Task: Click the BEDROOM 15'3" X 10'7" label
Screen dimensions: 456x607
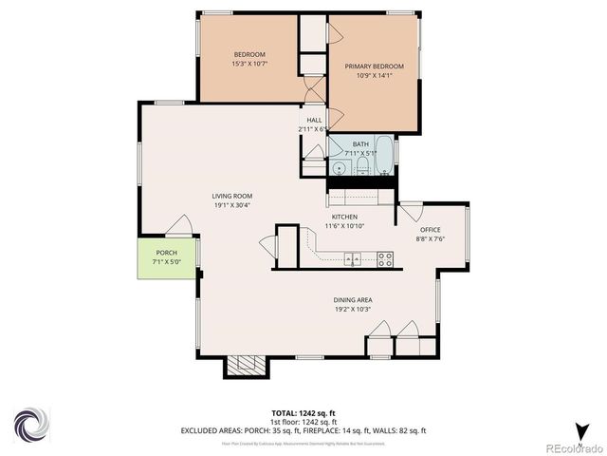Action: [249, 59]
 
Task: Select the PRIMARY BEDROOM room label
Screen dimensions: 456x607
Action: [374, 70]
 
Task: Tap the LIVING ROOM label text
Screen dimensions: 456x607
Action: [231, 200]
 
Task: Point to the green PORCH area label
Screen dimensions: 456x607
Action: [166, 257]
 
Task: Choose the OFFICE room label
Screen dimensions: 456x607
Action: [431, 234]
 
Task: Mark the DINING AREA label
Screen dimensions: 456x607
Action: [352, 304]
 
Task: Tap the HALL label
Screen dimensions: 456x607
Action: [312, 124]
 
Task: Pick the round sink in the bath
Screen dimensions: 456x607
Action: [340, 169]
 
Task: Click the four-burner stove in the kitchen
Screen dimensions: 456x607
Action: [385, 257]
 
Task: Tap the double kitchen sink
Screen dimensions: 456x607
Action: [352, 257]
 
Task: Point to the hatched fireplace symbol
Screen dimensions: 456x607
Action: [246, 364]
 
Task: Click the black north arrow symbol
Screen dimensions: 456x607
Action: [579, 428]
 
